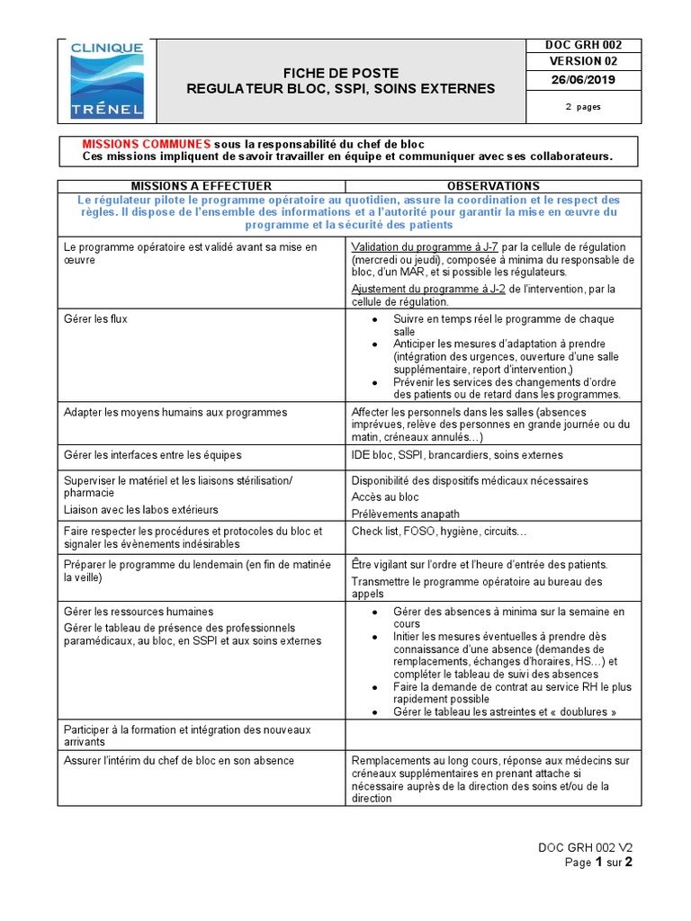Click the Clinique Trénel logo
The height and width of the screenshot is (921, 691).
click(106, 81)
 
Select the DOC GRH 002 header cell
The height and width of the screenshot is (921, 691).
click(582, 45)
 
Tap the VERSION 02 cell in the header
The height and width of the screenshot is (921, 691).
click(582, 61)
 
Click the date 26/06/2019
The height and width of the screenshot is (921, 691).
click(582, 80)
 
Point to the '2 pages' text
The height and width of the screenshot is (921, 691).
click(582, 106)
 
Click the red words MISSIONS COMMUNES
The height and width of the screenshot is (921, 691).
click(147, 145)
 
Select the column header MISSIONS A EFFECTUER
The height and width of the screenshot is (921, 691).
click(202, 186)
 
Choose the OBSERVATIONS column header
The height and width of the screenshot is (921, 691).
click(493, 186)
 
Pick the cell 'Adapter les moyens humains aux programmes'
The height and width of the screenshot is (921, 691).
click(175, 413)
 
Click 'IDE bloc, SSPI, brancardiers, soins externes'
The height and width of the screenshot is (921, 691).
click(457, 455)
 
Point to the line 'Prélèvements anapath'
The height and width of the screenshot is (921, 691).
click(406, 514)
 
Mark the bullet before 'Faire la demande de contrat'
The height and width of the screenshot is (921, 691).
click(374, 687)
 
